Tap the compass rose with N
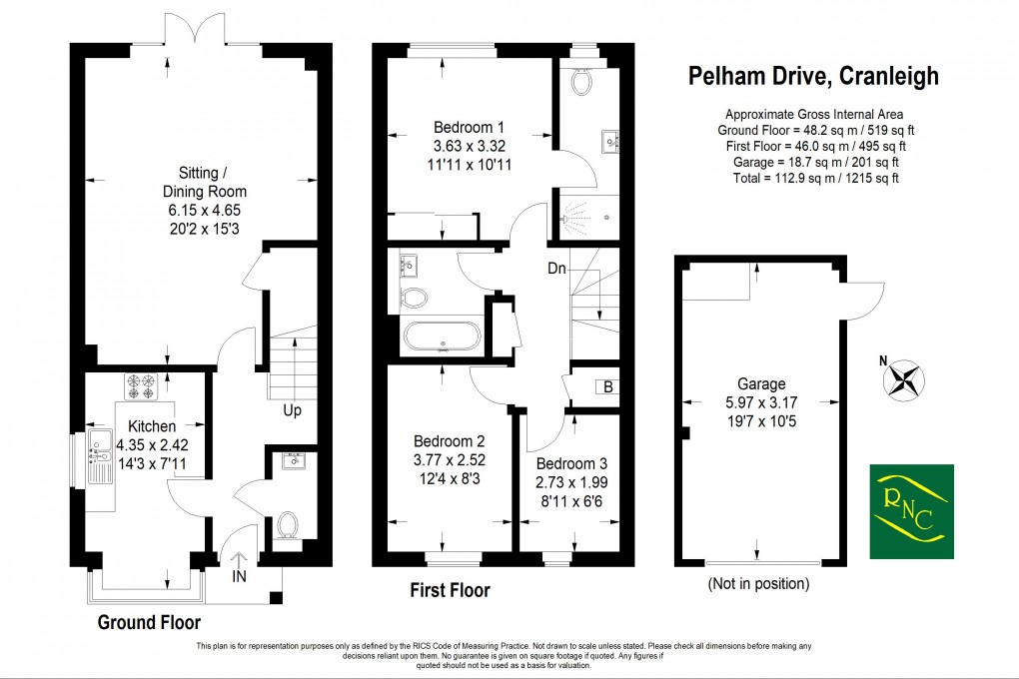click(905, 378)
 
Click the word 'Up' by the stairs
click(292, 410)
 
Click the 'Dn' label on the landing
click(557, 268)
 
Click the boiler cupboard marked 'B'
click(606, 386)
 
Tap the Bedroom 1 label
click(469, 127)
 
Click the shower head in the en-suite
click(574, 213)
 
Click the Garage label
click(761, 383)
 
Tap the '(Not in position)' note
click(757, 584)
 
